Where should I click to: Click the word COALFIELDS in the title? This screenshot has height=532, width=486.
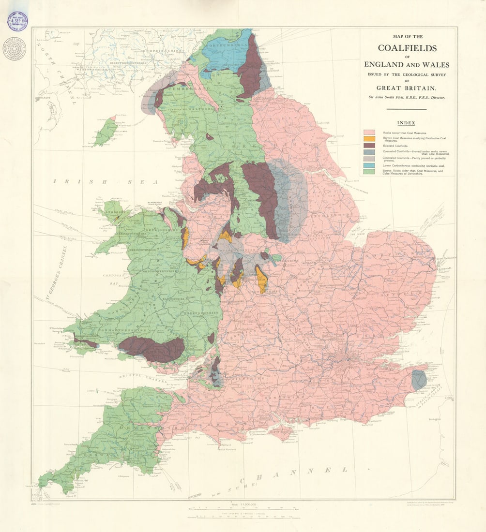pyautogui.click(x=407, y=48)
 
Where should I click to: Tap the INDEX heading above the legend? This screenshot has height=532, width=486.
pyautogui.click(x=407, y=123)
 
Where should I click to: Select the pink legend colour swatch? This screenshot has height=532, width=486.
pyautogui.click(x=369, y=132)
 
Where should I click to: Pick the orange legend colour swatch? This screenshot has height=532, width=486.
pyautogui.click(x=369, y=139)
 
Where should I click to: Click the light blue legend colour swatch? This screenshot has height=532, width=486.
pyautogui.click(x=369, y=165)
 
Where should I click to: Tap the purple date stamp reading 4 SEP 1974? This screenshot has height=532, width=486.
pyautogui.click(x=17, y=21)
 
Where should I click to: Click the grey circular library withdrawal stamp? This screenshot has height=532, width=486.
pyautogui.click(x=14, y=48)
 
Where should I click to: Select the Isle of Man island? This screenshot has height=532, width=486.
pyautogui.click(x=106, y=132)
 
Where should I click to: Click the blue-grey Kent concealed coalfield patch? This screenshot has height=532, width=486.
pyautogui.click(x=418, y=380)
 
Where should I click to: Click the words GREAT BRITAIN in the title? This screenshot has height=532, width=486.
pyautogui.click(x=407, y=88)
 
